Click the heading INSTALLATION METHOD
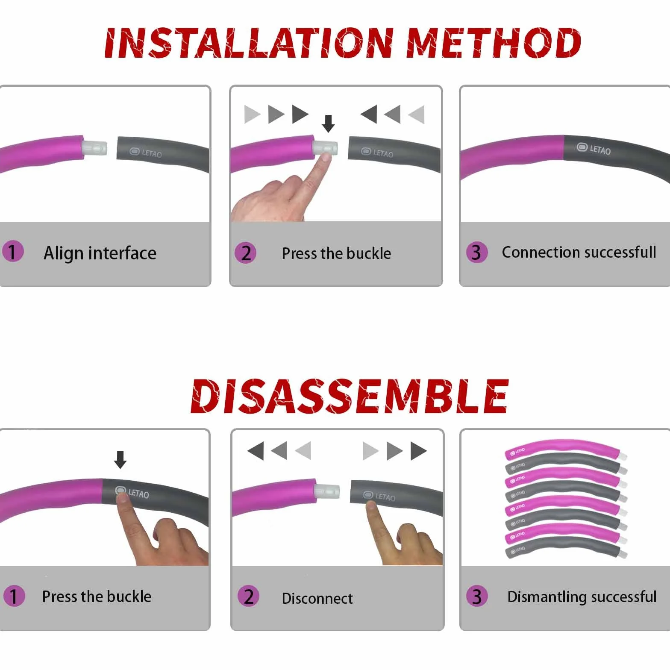point(343,43)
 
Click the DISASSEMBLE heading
point(350,397)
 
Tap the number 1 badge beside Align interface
point(13,251)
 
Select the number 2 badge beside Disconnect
point(248,597)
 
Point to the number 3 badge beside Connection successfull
point(477,252)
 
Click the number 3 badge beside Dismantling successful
point(477,597)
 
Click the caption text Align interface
point(100,253)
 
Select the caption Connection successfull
point(579,252)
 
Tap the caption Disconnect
point(317,598)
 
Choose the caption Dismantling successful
point(582,597)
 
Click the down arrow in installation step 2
point(328,123)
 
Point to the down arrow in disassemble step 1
point(120,460)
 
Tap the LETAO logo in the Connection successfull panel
point(594,149)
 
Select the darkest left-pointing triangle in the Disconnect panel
point(256,451)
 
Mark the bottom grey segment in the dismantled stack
point(564,548)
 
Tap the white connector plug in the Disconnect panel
point(327,491)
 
